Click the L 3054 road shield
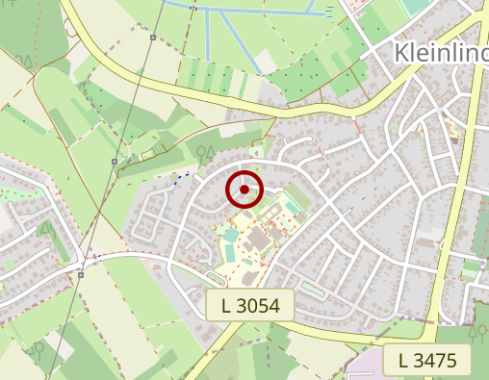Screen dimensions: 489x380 249,307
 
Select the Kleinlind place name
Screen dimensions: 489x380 441,52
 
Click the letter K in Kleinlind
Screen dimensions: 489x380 402,52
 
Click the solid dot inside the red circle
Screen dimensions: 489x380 244,190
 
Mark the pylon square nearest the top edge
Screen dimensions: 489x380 153,38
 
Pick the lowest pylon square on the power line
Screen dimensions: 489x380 82,273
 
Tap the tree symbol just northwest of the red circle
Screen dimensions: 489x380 203,151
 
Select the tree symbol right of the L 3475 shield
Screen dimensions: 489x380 477,334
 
